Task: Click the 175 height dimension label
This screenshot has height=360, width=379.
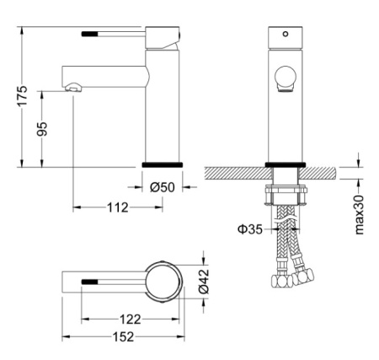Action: pyautogui.click(x=23, y=96)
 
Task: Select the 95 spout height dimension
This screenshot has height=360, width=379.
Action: pyautogui.click(x=42, y=129)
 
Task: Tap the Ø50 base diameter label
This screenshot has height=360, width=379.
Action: pyautogui.click(x=163, y=187)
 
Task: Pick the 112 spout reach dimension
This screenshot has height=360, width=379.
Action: pyautogui.click(x=118, y=207)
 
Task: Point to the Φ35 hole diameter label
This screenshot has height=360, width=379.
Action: pyautogui.click(x=250, y=229)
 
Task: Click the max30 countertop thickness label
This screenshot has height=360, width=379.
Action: pyautogui.click(x=359, y=215)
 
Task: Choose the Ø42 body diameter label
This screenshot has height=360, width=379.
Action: pyautogui.click(x=204, y=281)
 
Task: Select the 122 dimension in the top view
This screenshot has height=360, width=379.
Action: pyautogui.click(x=131, y=320)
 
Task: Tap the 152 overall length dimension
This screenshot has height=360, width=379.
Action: pyautogui.click(x=124, y=336)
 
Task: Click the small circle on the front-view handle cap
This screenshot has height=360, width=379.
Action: pyautogui.click(x=286, y=34)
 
